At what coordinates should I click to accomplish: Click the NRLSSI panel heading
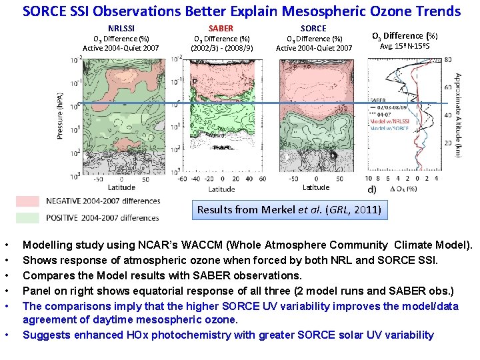(121, 28)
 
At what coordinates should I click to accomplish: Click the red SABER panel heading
(221, 28)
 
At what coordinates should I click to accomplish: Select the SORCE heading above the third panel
(313, 28)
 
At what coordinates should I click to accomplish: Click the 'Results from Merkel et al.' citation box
(289, 209)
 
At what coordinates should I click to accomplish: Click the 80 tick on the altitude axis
(447, 59)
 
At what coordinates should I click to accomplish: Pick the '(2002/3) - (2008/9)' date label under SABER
(221, 48)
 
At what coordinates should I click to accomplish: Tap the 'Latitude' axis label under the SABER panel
(221, 189)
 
